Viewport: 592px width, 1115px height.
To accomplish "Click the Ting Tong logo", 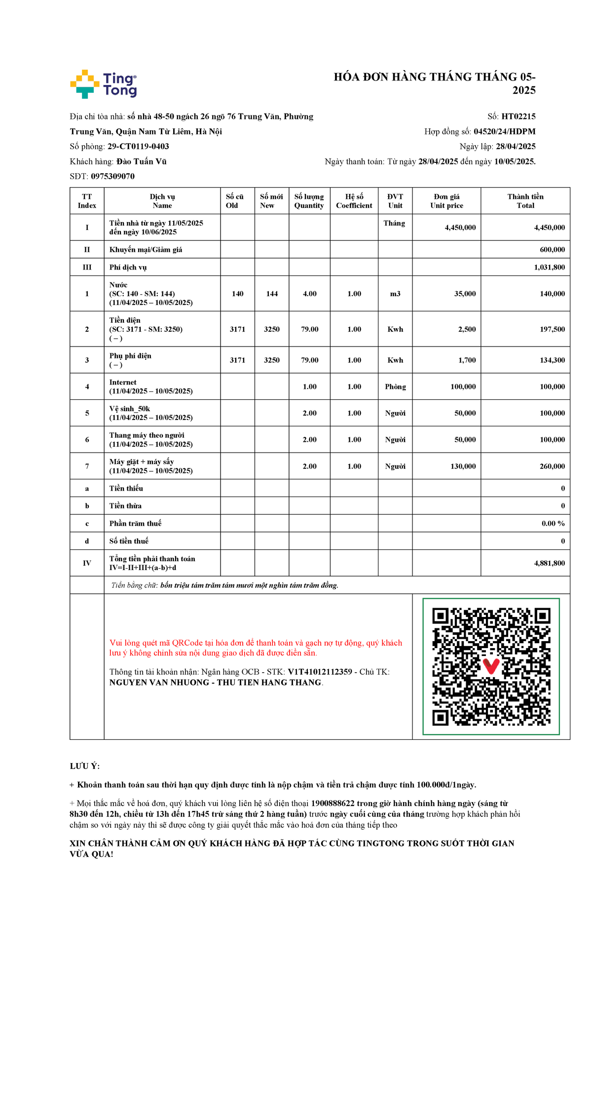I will (x=104, y=84).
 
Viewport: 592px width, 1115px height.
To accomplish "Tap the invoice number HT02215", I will (x=518, y=116).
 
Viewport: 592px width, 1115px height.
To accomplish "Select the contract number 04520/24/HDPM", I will (x=504, y=131).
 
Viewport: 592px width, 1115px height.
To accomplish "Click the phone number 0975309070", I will (x=112, y=176).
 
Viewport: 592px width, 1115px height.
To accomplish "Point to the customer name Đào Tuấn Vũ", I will (x=142, y=161).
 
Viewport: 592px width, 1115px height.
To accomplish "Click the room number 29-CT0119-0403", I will (x=138, y=147).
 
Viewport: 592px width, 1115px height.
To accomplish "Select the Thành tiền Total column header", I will (x=525, y=201).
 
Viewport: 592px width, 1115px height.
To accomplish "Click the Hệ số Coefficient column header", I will (x=354, y=201).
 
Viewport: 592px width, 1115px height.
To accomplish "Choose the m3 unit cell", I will (x=395, y=294).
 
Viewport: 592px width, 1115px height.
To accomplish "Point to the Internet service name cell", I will (x=151, y=386).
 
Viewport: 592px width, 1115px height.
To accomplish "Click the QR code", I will (x=491, y=666).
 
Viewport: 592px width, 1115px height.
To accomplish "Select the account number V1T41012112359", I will (x=320, y=672).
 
